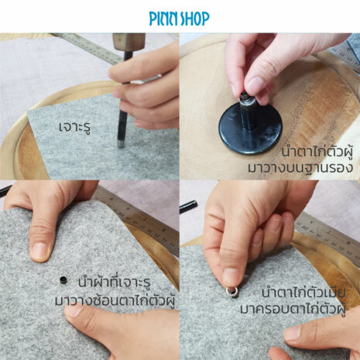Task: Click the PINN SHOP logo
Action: tap(179, 19)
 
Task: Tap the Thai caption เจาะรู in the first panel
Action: tap(75, 127)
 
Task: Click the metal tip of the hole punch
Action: tap(120, 144)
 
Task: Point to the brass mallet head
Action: tap(129, 42)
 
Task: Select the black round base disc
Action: tap(250, 129)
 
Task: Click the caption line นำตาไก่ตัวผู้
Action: tap(317, 152)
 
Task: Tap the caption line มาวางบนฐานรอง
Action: tap(300, 168)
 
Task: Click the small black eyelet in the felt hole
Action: tap(63, 279)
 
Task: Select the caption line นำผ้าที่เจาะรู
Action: tap(115, 283)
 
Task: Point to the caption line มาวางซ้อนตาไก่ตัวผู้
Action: tap(115, 301)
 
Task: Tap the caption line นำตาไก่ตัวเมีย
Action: tap(303, 293)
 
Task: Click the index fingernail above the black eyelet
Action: tap(39, 251)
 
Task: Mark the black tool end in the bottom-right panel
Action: tap(188, 206)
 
